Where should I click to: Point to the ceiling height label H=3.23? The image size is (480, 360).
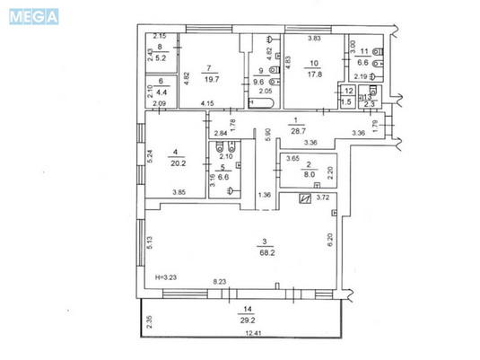tap(168, 277)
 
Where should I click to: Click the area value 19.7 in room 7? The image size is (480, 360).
tap(208, 78)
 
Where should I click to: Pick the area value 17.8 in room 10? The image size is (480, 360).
tap(313, 75)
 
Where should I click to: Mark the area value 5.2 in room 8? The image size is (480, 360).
tap(162, 57)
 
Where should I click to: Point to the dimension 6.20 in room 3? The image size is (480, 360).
tap(330, 240)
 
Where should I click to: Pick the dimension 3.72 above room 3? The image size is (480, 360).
tap(325, 198)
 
